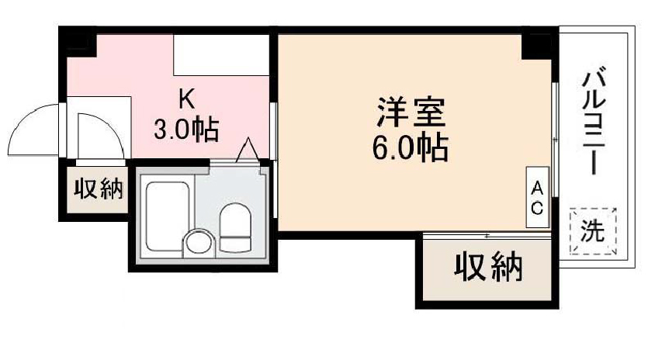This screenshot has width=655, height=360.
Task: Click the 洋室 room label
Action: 411,112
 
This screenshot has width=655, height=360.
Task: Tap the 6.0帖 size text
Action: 411,147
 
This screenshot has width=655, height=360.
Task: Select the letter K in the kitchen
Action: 187,99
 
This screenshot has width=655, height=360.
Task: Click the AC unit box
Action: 537,197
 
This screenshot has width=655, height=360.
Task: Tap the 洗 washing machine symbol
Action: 593,231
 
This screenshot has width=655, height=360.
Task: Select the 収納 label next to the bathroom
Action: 99,189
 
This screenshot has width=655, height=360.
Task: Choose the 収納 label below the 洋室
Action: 488,267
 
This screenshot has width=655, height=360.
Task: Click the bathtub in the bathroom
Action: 167,216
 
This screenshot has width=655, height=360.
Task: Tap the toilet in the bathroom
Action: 235,227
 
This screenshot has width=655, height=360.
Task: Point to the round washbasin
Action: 199,243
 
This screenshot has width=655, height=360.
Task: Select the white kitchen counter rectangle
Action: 221,55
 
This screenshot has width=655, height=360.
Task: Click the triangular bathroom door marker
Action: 248,150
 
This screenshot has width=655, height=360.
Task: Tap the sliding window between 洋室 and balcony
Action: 555,140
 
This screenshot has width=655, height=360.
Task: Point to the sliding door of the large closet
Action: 487,237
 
